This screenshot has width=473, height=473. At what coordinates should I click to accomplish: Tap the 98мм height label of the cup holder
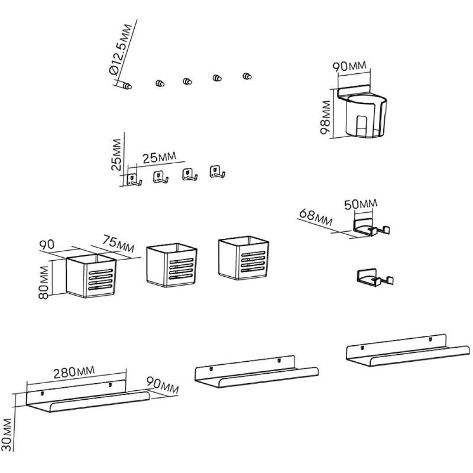coord(325,118)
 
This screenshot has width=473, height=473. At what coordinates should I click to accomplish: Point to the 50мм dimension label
coord(360,204)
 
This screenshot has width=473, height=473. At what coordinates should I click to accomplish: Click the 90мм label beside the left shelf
coord(162,385)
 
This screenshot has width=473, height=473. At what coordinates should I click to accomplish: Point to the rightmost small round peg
coord(247,76)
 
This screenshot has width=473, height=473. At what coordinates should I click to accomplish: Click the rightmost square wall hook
coord(217,172)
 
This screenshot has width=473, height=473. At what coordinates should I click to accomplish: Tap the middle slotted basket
coord(171,265)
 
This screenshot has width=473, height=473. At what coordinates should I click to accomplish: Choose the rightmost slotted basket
coord(243,259)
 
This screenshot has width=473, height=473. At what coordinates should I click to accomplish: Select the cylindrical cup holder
coord(365,116)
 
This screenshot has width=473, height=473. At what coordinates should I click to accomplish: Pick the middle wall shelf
coord(256,372)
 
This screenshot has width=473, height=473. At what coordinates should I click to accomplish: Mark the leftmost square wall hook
coord(134,180)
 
